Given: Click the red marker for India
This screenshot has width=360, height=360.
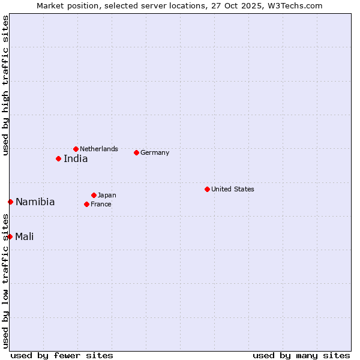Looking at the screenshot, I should (58, 158).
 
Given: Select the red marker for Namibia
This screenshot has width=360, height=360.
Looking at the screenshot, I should (10, 202).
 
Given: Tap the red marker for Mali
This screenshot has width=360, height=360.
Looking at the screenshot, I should (10, 236).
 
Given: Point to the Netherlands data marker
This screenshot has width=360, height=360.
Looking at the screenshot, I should (76, 149).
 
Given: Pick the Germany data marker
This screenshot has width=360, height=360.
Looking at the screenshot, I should (136, 152).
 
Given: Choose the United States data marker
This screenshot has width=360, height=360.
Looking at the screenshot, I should (207, 189).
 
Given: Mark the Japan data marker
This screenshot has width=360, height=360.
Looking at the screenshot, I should (94, 195).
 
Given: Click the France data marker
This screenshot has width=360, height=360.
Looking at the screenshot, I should (86, 204).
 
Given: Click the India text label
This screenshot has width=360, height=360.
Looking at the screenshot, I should (76, 159).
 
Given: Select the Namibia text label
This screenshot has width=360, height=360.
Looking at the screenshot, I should (35, 202).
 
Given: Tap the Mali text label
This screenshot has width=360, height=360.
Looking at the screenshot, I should (24, 236).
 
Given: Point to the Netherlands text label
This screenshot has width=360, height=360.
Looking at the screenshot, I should (99, 149).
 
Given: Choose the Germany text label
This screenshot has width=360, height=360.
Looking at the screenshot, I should (155, 152).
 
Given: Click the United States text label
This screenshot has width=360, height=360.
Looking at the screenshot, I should (233, 189).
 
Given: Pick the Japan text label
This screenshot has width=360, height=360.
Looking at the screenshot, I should (107, 195).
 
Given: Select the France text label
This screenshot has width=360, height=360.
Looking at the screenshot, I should (101, 204).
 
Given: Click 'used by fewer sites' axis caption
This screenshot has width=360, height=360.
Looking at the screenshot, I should (62, 355).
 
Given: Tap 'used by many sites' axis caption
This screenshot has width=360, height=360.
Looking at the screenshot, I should (301, 355).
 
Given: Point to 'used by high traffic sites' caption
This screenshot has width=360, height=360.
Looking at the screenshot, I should (5, 85).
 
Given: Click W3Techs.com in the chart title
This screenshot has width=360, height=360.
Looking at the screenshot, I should (296, 5).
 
